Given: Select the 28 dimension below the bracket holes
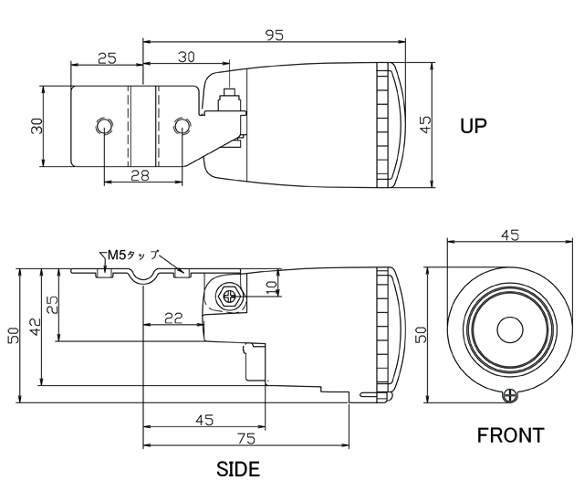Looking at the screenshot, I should tap(140, 174).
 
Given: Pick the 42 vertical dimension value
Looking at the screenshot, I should tap(33, 327).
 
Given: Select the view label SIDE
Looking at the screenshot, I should tap(237, 471).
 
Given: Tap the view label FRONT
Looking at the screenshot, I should tap(510, 435).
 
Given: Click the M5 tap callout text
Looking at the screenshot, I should tap(132, 255).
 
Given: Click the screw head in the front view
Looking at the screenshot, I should tap(511, 394).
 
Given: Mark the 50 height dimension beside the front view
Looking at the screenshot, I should tap(422, 335).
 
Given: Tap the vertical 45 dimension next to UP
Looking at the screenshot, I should tap(425, 124).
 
